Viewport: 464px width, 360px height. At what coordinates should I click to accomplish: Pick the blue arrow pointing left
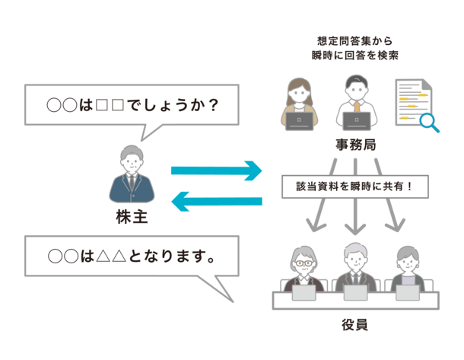pos(217,202)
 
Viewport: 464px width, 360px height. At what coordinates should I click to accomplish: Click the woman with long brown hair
pos(297,97)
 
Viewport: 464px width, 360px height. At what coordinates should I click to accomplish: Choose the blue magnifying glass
pos(431,122)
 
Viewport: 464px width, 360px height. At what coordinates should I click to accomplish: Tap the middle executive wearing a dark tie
pos(355,266)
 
